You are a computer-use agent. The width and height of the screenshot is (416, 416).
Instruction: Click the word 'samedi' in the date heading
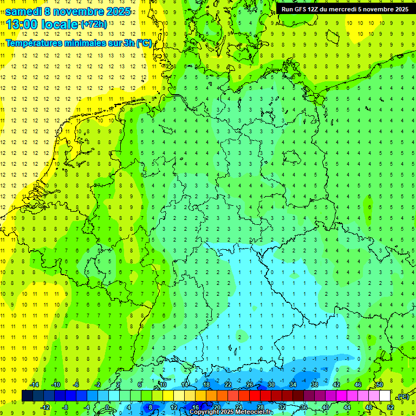(23, 11)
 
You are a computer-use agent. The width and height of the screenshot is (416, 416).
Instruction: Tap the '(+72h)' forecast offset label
(93, 24)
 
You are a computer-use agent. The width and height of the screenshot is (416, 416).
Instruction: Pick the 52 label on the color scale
(391, 407)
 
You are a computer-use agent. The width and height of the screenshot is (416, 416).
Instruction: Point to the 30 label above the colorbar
(271, 385)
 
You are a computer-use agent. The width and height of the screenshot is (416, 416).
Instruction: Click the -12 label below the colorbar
(45, 407)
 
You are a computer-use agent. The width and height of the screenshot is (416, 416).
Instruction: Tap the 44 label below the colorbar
(347, 407)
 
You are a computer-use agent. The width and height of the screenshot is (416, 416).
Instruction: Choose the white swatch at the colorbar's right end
(385, 396)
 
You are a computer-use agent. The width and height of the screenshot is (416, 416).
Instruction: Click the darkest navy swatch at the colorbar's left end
(27, 396)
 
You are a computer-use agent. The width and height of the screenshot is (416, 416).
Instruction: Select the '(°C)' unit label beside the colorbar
(402, 396)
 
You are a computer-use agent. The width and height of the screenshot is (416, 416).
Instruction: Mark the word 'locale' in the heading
(59, 24)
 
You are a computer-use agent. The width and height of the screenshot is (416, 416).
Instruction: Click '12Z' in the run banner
(314, 9)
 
